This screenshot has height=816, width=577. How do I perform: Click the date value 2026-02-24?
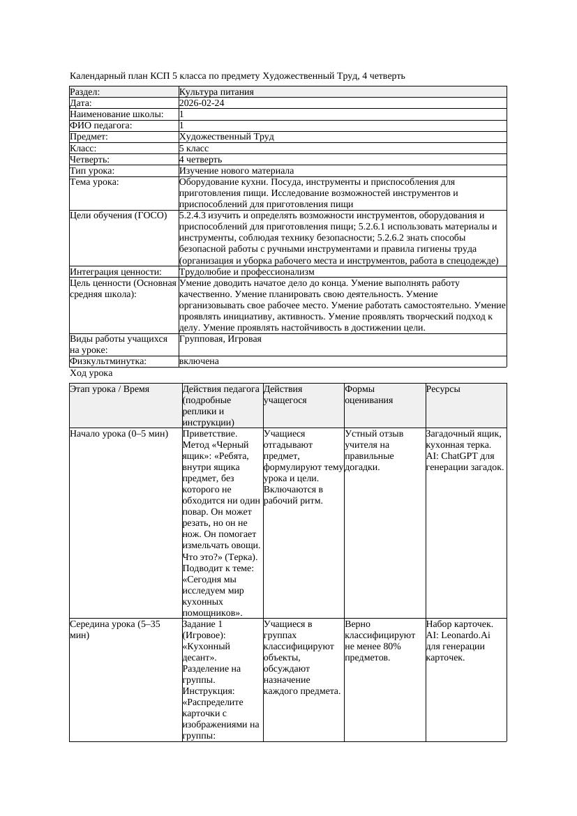click(x=202, y=103)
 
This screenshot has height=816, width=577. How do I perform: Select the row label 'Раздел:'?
click(x=85, y=91)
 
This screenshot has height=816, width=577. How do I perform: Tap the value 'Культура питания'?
click(x=216, y=91)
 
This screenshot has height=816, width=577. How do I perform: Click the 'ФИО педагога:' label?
click(x=101, y=126)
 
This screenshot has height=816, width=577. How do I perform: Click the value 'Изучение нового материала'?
click(x=237, y=171)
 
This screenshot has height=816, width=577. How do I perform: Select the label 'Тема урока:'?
click(x=94, y=182)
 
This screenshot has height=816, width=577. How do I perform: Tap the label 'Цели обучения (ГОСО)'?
click(x=119, y=216)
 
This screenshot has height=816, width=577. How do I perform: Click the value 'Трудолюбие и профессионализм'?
click(x=246, y=272)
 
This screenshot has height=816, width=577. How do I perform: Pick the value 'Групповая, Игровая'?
click(x=220, y=339)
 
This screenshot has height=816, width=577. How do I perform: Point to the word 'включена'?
click(x=199, y=361)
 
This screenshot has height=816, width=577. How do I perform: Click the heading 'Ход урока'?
click(x=91, y=373)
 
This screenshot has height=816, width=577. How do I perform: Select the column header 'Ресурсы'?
click(x=443, y=389)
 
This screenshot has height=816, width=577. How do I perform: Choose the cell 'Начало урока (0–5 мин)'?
click(x=119, y=434)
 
